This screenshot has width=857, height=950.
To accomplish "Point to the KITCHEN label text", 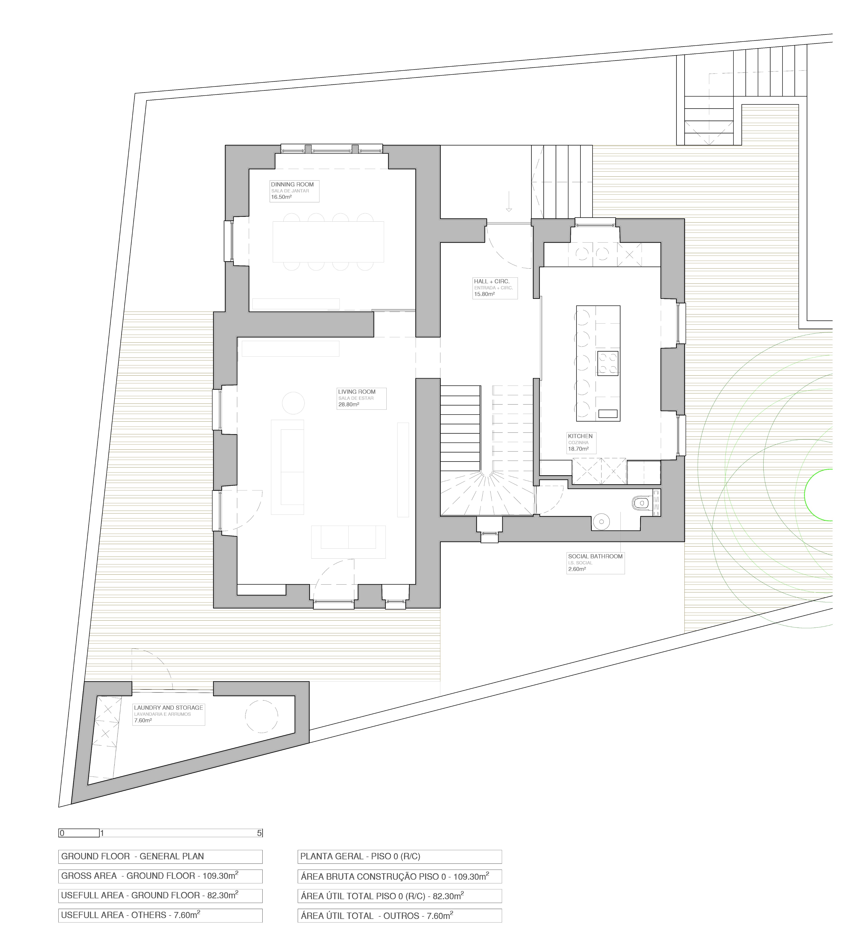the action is click(580, 436).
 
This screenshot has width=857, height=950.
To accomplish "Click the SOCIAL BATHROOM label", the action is click(595, 556).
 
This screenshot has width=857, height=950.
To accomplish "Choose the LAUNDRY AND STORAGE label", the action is click(169, 707).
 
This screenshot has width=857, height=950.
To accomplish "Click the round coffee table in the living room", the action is click(293, 403).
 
